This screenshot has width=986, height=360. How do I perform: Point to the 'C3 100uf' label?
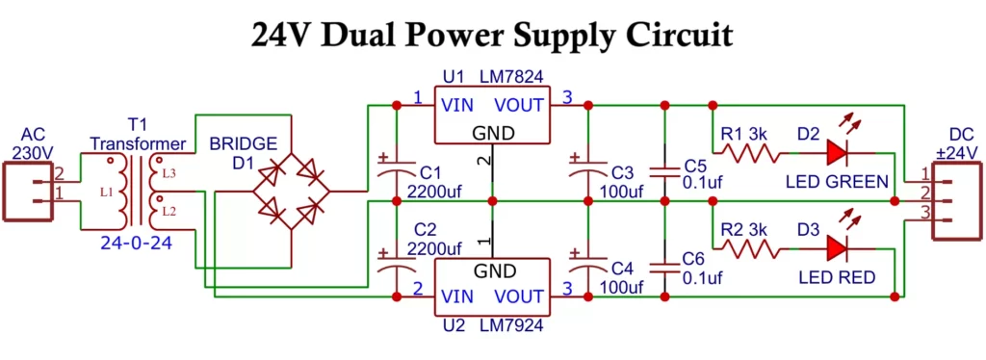click(622, 182)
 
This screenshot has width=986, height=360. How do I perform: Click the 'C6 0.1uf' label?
click(701, 269)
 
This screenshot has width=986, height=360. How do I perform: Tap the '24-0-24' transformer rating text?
click(137, 244)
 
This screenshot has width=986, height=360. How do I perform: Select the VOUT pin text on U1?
click(521, 104)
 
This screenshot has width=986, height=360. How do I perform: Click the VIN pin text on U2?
click(457, 297)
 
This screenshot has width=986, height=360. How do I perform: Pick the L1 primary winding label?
click(106, 192)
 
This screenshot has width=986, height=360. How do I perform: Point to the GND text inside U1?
click(493, 133)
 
